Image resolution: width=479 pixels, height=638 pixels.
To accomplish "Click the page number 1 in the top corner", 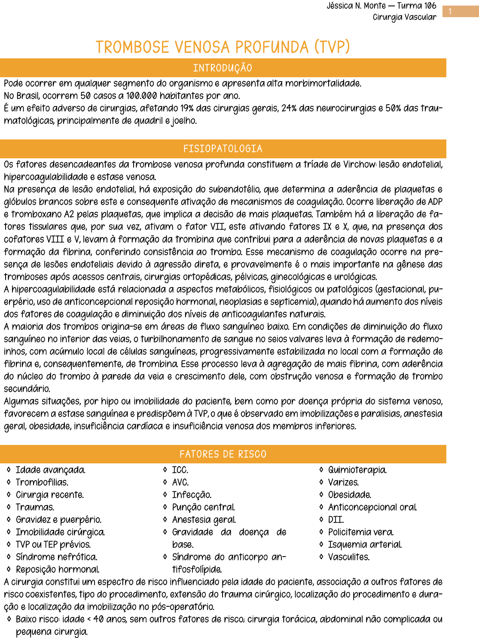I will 450,12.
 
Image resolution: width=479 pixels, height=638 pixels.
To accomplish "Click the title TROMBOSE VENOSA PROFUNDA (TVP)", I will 223,47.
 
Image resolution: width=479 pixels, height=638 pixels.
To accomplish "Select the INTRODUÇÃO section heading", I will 223,68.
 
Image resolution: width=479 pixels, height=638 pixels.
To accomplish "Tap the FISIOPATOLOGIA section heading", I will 223,149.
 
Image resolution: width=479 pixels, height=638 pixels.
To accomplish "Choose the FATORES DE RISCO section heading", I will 223,454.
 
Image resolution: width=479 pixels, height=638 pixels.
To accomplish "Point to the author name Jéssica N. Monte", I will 356,6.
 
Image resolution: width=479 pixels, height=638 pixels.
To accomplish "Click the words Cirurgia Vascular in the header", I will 404,17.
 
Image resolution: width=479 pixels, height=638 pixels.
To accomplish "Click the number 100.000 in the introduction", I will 141,96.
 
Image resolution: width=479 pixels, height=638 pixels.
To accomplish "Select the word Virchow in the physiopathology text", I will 359,165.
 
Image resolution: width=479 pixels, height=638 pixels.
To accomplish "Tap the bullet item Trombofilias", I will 42,482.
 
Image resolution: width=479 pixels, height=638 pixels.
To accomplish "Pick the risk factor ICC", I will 180,470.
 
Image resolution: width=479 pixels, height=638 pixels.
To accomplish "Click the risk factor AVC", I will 180,482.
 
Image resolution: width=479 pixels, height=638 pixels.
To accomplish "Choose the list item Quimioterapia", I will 357,470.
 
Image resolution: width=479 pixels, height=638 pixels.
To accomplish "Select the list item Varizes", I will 343,482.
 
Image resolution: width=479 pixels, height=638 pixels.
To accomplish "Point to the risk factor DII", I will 336,520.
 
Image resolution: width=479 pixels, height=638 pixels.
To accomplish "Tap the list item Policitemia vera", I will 361,532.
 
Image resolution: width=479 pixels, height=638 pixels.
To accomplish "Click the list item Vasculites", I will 349,557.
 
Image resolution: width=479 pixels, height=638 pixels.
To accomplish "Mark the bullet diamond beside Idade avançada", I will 9,470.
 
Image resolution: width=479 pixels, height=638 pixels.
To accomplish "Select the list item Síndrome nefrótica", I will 56,557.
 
